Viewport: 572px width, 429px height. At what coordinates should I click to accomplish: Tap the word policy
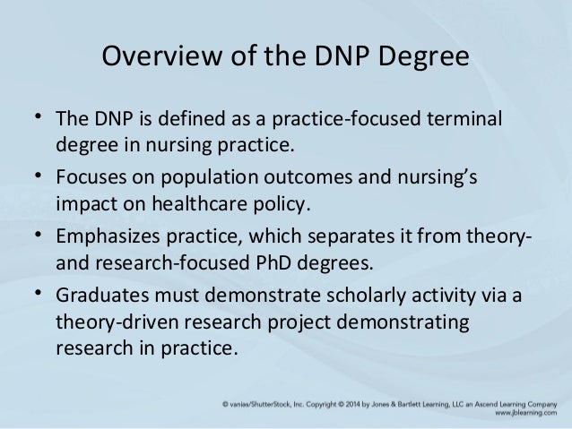click(282, 203)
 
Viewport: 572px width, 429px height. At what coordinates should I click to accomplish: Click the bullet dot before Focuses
click(38, 176)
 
